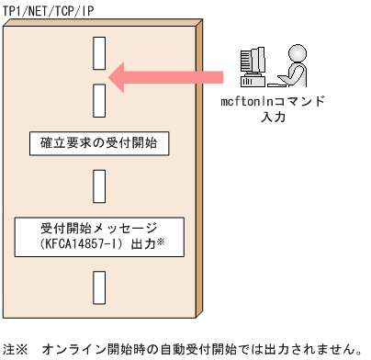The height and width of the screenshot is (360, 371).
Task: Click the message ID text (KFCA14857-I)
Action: coord(87,243)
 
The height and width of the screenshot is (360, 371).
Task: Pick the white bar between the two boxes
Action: coord(101,188)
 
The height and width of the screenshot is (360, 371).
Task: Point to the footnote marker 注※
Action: coord(17,349)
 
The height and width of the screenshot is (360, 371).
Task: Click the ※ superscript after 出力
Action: coord(159,241)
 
